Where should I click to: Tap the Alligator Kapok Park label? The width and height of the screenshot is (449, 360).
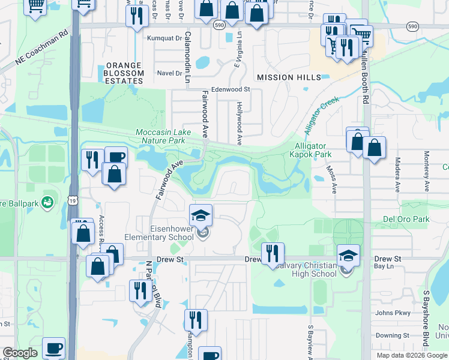[310, 150]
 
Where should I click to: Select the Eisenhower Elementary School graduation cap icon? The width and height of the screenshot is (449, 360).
[202, 215]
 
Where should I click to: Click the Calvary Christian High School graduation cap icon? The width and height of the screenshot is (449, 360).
[348, 255]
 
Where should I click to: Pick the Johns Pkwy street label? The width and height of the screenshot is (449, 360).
[393, 313]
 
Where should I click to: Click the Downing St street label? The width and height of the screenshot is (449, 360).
[393, 336]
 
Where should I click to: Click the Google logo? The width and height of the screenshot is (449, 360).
[20, 353]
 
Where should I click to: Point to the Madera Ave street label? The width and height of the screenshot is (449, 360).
[397, 175]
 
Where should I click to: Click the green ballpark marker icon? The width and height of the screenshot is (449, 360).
[47, 203]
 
